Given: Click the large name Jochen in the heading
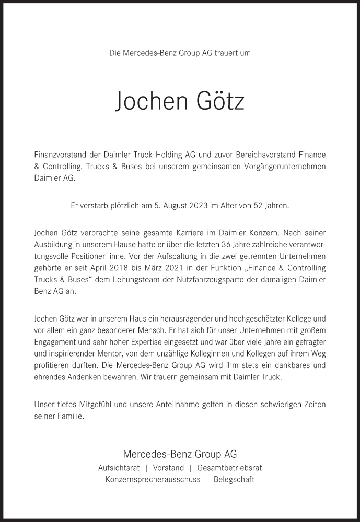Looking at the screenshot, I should pyautogui.click(x=149, y=101).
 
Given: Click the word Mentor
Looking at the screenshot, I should pyautogui.click(x=112, y=353).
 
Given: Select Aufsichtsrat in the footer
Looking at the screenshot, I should pyautogui.click(x=119, y=468).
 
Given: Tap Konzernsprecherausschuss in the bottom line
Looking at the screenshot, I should pyautogui.click(x=153, y=480).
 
